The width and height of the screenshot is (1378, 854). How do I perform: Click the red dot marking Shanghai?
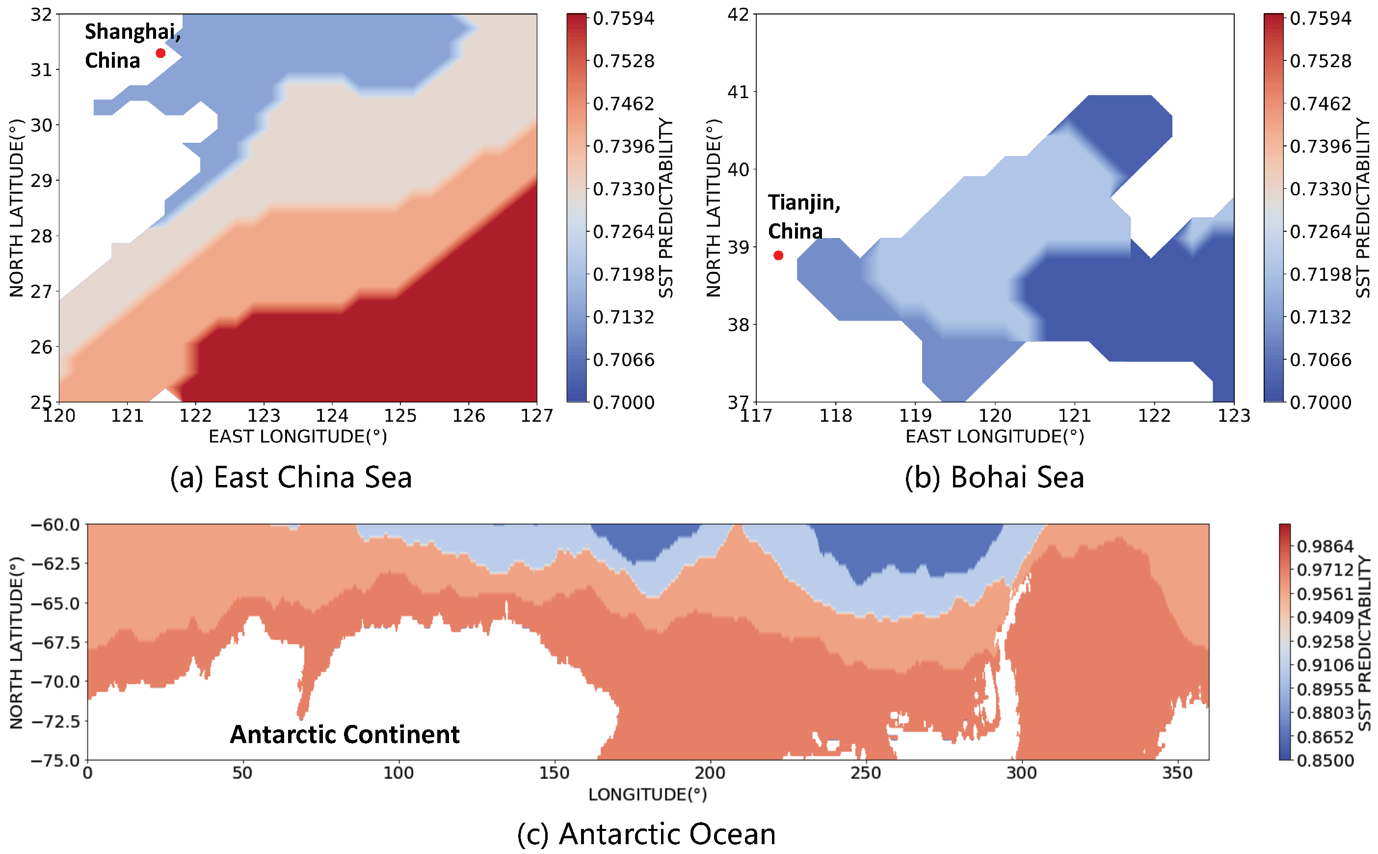(x=160, y=53)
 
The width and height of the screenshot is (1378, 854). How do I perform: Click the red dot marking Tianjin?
(x=778, y=255)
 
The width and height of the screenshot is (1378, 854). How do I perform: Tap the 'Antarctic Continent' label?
(x=344, y=734)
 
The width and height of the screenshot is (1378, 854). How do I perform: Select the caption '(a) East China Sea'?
(x=291, y=477)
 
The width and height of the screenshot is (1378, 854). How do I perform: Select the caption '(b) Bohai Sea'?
(x=994, y=477)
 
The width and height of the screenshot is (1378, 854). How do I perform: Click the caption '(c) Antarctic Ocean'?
(x=646, y=834)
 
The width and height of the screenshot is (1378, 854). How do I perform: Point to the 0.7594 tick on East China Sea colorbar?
(x=623, y=18)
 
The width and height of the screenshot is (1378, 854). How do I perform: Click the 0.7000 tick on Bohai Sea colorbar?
(x=1321, y=402)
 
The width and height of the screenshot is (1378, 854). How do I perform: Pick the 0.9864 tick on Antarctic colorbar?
(x=1325, y=546)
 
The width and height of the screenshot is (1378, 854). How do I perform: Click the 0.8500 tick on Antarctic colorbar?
(x=1325, y=760)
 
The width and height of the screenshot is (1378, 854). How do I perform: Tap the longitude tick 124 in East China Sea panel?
(x=332, y=416)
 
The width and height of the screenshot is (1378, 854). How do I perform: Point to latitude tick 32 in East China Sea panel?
(x=41, y=15)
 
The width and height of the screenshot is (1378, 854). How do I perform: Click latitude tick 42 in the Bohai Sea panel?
(x=738, y=15)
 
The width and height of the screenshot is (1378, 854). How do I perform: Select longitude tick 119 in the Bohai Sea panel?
(x=915, y=416)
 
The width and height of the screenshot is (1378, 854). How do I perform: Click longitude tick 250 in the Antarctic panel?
(x=865, y=773)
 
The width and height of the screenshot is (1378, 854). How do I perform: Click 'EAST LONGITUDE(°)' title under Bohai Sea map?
(x=995, y=437)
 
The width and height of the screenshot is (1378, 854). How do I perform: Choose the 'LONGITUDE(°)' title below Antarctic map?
(x=647, y=795)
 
